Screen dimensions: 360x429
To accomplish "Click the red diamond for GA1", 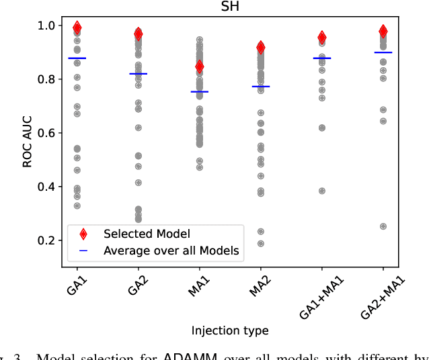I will pyautogui.click(x=77, y=28).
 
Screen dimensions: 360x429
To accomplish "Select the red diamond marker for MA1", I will pyautogui.click(x=200, y=66).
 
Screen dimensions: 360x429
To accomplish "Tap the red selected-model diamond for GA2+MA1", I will pyautogui.click(x=383, y=31).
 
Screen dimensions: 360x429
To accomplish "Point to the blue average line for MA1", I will pyautogui.click(x=200, y=91).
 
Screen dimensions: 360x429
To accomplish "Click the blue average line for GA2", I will pyautogui.click(x=139, y=74).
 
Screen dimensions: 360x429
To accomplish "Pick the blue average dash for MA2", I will pyautogui.click(x=261, y=87).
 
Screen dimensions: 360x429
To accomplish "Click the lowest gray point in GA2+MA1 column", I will pyautogui.click(x=383, y=226).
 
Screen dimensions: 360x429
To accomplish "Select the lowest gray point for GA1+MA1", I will pyautogui.click(x=322, y=191).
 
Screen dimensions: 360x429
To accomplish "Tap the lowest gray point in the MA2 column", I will pyautogui.click(x=261, y=244).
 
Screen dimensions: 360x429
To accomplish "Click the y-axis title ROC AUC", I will pyautogui.click(x=28, y=134).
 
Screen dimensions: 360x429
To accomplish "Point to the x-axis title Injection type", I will pyautogui.click(x=230, y=330).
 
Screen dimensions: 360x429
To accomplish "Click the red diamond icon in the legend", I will pyautogui.click(x=83, y=234).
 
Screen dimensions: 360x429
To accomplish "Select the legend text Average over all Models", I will pyautogui.click(x=171, y=251).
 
